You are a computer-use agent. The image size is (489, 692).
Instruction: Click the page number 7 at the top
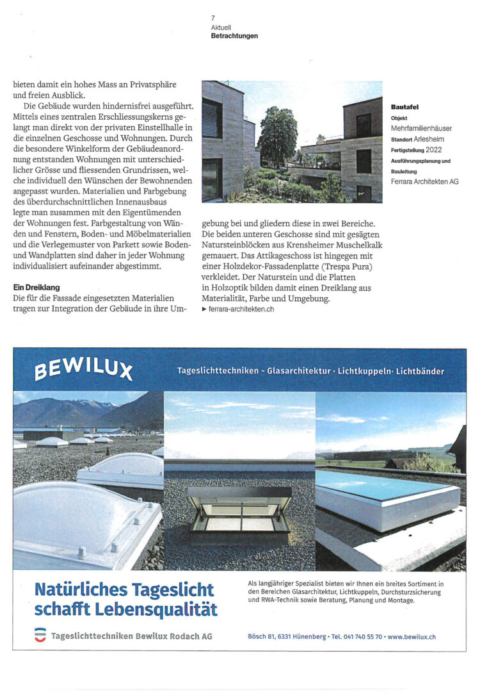point(212,18)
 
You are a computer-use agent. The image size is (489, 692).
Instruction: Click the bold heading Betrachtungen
point(234,36)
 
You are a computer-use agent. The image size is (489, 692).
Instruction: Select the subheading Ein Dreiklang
point(36,288)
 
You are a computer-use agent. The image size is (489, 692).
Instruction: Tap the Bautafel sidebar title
point(404,107)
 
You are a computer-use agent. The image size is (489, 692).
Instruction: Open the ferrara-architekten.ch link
point(241,309)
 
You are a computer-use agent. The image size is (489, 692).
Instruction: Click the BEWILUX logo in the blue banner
point(84,370)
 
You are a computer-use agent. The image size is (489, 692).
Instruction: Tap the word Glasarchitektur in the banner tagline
point(299,371)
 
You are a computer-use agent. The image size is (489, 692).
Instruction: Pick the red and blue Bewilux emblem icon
point(40,636)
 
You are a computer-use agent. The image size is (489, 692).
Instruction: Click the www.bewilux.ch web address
point(412,637)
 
